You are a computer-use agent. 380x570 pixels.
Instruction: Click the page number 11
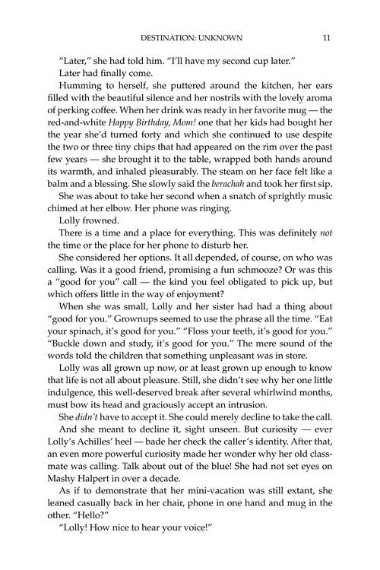pos(325,36)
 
